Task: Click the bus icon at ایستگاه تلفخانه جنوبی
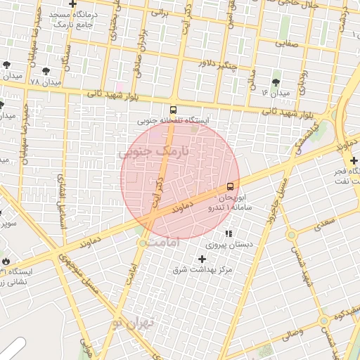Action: pyautogui.click(x=173, y=110)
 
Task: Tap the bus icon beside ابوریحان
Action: pyautogui.click(x=231, y=186)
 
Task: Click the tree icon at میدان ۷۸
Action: pyautogui.click(x=46, y=71)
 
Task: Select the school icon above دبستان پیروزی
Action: pyautogui.click(x=229, y=233)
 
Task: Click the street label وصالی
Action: pyautogui.click(x=290, y=330)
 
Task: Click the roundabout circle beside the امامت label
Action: pyautogui.click(x=143, y=243)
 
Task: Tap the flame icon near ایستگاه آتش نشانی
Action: pyautogui.click(x=6, y=260)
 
